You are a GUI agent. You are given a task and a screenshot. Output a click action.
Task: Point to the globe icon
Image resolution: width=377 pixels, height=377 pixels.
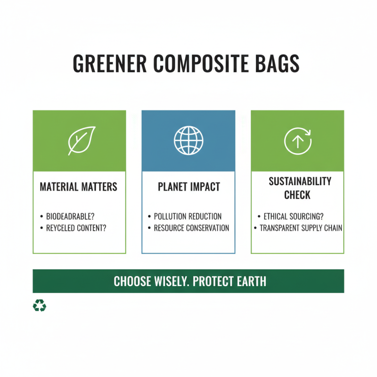188,140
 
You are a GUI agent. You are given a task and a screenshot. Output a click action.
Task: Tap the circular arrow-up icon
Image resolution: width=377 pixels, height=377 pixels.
298,140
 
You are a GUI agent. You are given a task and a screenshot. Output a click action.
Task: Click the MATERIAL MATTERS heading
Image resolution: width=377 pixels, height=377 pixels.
78,187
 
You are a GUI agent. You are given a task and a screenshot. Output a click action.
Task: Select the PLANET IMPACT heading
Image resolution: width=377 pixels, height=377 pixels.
188,187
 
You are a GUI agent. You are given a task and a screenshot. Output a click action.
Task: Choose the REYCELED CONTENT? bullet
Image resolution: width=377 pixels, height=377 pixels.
76,228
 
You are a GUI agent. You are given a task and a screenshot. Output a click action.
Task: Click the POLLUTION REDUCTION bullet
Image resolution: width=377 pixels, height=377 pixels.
188,217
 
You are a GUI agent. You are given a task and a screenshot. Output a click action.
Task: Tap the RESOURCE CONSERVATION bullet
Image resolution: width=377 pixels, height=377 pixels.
191,228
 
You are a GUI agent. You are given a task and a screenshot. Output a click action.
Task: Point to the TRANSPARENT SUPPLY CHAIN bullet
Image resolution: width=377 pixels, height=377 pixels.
301,228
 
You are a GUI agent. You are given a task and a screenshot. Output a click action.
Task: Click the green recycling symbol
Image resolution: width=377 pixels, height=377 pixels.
40,306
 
